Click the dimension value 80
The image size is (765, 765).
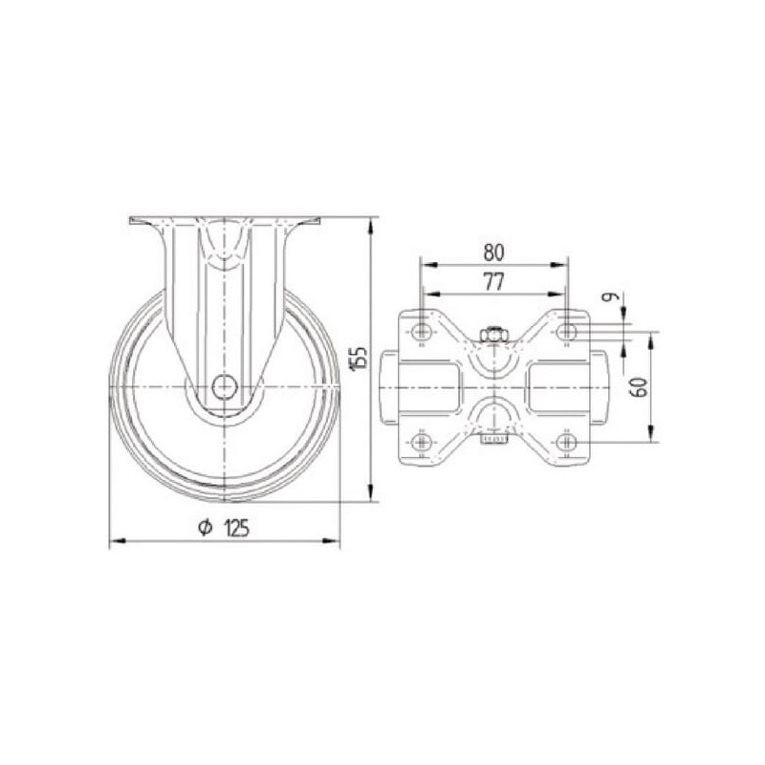click(x=493, y=252)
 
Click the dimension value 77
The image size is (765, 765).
click(x=493, y=282)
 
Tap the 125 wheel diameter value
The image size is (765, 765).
click(x=237, y=528)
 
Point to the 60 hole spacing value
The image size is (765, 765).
click(x=640, y=387)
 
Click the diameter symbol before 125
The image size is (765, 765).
click(x=205, y=528)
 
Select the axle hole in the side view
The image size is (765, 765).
click(x=225, y=387)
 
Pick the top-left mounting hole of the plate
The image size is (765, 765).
click(x=421, y=332)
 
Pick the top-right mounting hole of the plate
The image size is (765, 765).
click(x=566, y=332)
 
